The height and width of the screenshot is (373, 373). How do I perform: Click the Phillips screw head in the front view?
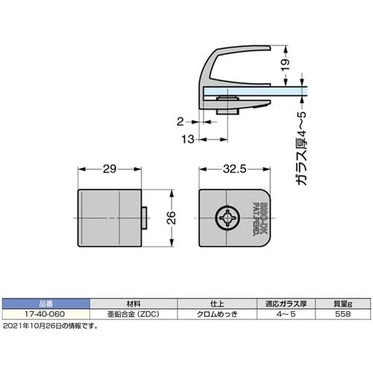point(226,219)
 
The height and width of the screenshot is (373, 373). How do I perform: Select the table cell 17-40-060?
point(46,314)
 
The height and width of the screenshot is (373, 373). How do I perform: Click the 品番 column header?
point(46,304)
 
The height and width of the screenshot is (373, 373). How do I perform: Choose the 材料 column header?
point(133,304)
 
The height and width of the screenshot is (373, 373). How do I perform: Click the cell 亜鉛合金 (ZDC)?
point(133,314)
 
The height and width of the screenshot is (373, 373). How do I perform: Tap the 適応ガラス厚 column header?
point(286,304)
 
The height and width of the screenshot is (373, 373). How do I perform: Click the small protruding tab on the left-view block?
point(146,219)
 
